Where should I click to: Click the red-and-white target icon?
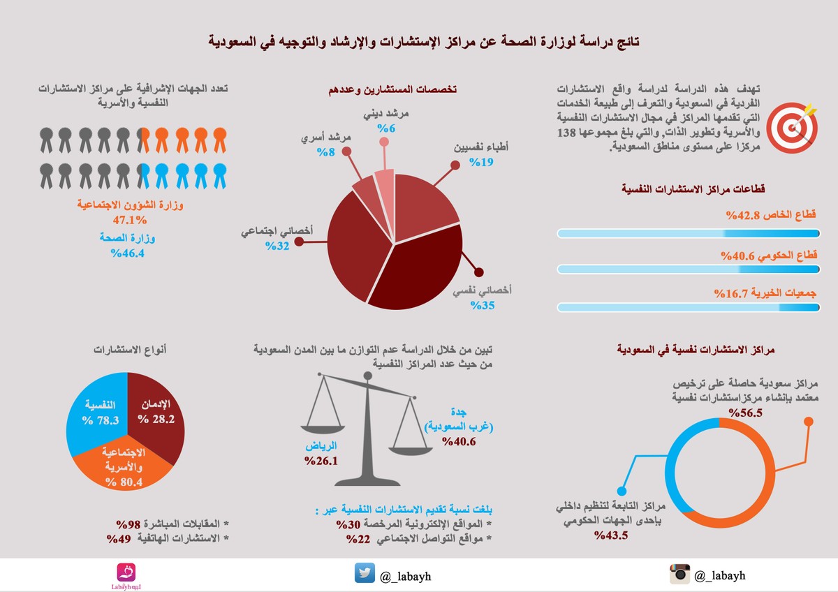click(x=793, y=126)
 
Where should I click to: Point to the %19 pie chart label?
click(x=481, y=162)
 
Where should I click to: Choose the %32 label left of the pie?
click(x=276, y=246)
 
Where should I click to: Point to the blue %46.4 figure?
click(x=127, y=253)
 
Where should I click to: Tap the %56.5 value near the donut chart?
click(x=744, y=413)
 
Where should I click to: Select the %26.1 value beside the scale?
click(x=321, y=461)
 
